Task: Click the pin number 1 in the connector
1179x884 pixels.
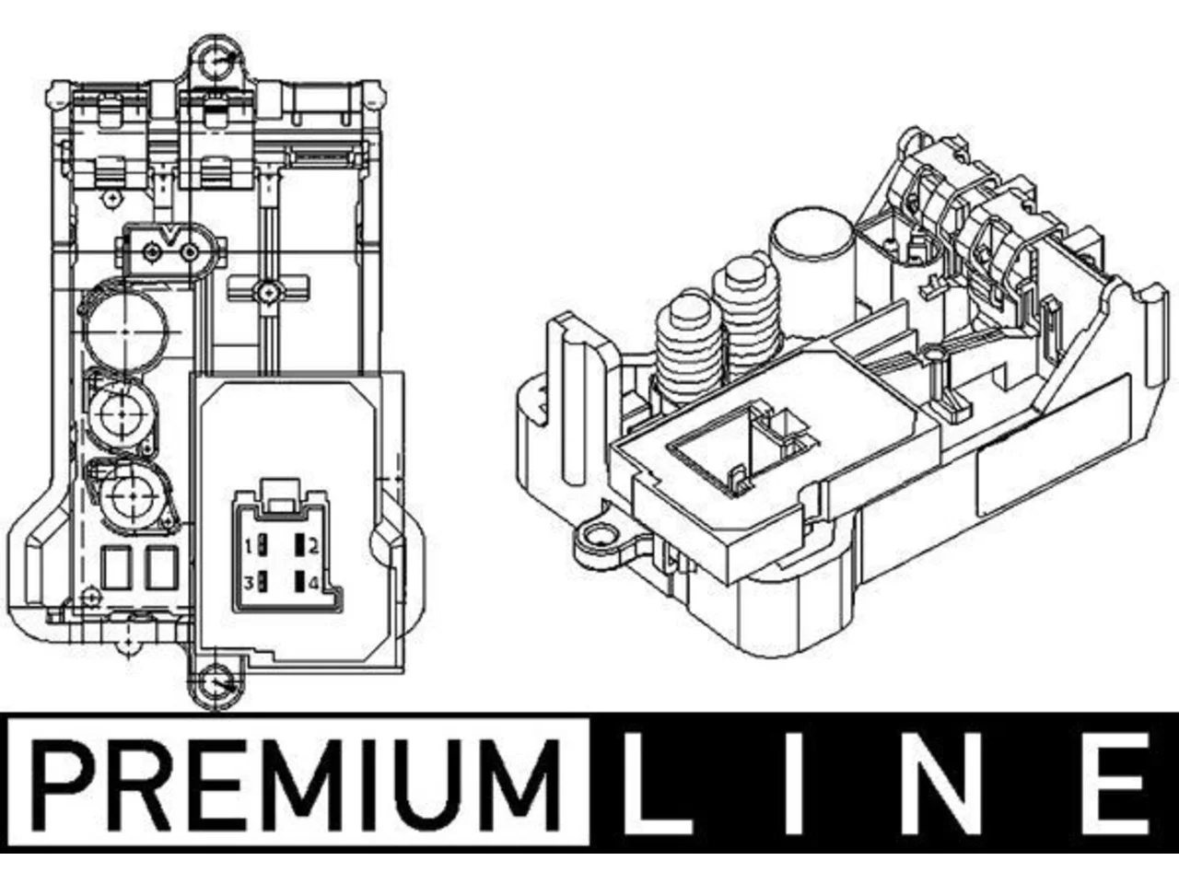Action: click(248, 547)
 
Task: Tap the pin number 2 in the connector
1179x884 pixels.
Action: click(312, 547)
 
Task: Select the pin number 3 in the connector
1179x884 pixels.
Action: click(248, 583)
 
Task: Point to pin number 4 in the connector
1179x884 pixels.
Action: click(314, 583)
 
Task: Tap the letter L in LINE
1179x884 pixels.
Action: click(656, 785)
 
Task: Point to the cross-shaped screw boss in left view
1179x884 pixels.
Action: click(267, 292)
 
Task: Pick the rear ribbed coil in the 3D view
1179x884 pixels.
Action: click(747, 311)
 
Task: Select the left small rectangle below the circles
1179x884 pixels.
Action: click(117, 567)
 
